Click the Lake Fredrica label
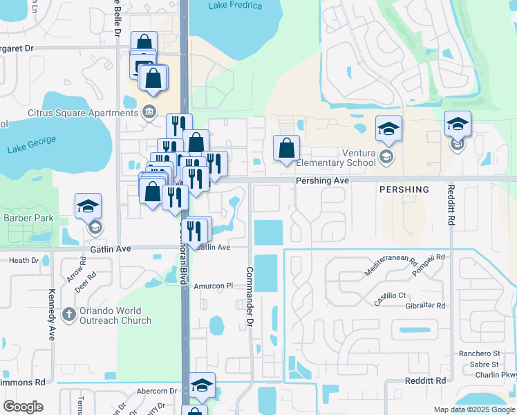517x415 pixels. click(x=235, y=6)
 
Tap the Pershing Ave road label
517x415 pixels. click(x=321, y=180)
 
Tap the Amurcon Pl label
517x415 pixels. click(x=214, y=286)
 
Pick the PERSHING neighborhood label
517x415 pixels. click(x=404, y=190)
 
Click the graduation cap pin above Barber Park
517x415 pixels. click(x=88, y=205)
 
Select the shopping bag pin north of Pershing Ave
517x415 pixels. click(x=286, y=148)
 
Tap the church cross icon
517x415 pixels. click(x=68, y=315)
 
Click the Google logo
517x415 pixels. click(x=23, y=407)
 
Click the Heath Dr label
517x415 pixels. click(x=23, y=260)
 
